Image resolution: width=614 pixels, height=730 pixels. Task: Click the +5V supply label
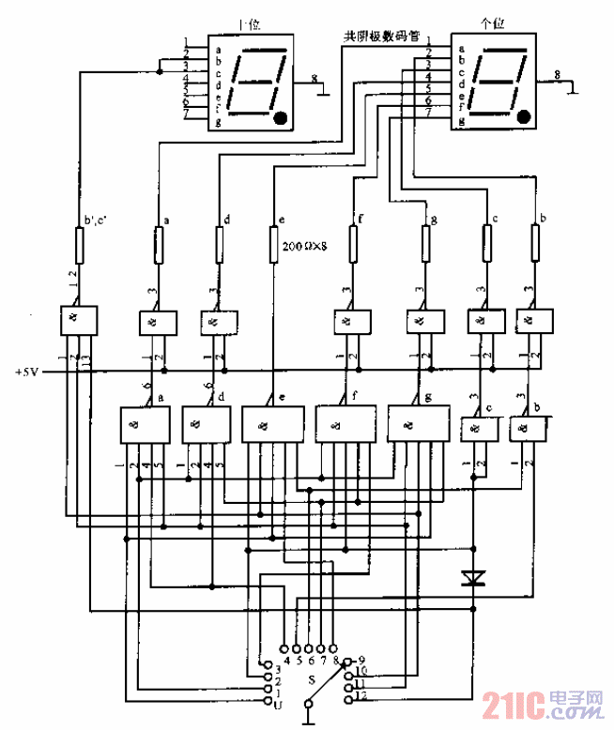coord(27,373)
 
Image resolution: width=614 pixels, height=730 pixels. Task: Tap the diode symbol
coord(474,579)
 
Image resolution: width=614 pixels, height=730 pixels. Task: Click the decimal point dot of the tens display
coord(280,118)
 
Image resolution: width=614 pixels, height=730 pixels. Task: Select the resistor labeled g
coord(425,246)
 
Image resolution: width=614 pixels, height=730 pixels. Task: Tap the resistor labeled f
coord(354,246)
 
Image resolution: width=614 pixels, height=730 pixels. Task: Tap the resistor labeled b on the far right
coord(534,246)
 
